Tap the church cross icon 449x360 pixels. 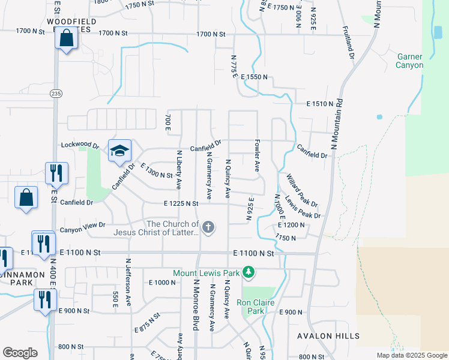pos(208,227)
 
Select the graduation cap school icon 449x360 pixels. pos(119,150)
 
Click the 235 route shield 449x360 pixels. pos(56,94)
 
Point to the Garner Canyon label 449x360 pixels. pos(410,61)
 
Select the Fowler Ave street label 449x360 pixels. pos(257,156)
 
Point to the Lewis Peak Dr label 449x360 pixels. pos(303,207)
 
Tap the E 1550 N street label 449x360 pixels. pos(254,78)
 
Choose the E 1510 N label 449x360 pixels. pos(319,104)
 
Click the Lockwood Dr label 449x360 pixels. pos(80,145)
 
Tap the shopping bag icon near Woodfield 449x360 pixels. pos(67,38)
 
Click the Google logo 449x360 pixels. pos(20,353)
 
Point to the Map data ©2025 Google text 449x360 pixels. pos(411,355)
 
